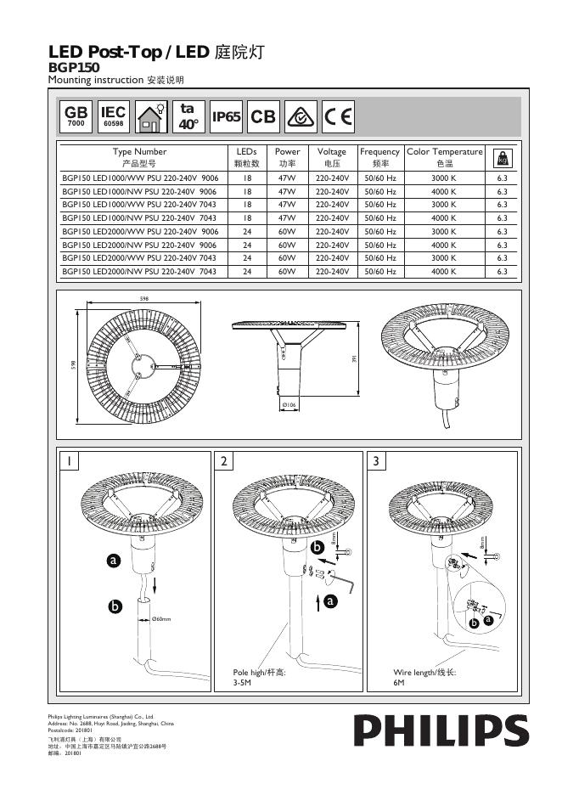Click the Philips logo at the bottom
click(441, 731)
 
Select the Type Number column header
click(140, 157)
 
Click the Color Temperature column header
click(445, 157)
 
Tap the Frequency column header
click(379, 157)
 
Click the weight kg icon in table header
click(502, 157)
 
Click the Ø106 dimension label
click(289, 405)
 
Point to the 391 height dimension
click(354, 359)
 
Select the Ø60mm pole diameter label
click(161, 619)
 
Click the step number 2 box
click(224, 461)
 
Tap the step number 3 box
click(378, 461)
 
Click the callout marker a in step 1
click(113, 561)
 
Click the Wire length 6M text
click(424, 677)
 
